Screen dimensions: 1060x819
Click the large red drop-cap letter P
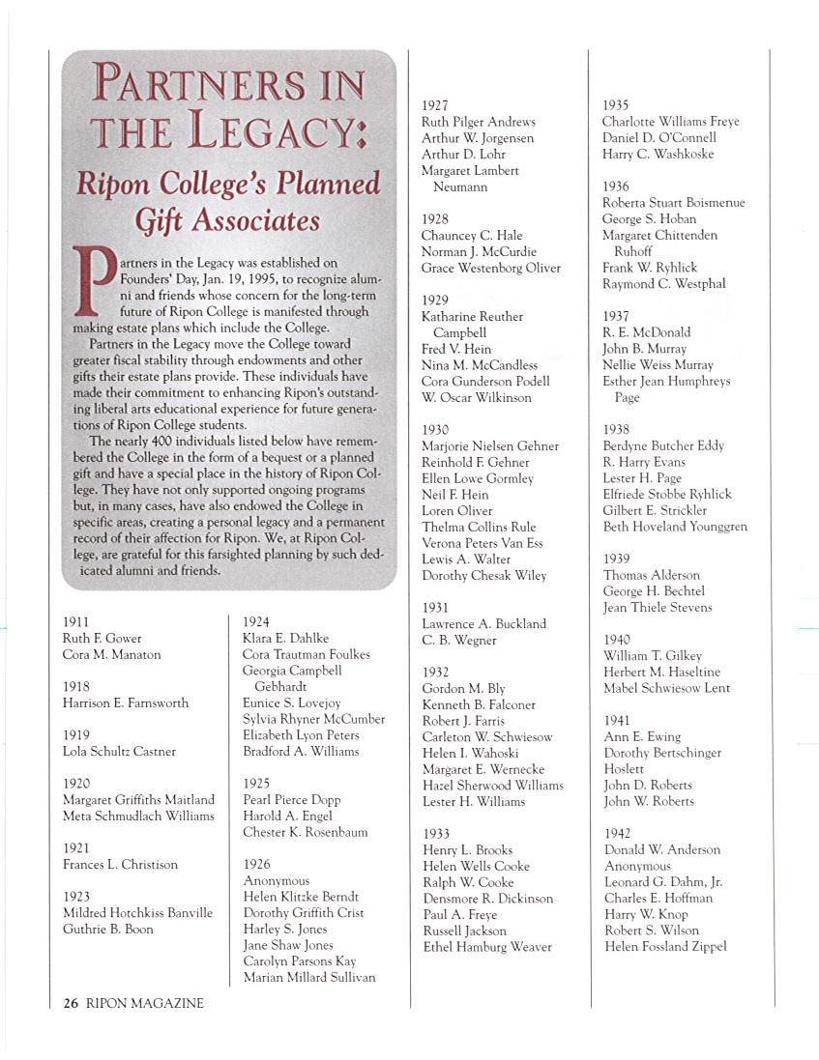tap(89, 280)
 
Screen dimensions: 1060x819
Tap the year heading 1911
tap(75, 622)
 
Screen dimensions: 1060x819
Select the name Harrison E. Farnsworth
tap(125, 702)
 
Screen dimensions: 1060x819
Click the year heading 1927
tap(435, 105)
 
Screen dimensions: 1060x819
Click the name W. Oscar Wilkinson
tap(476, 397)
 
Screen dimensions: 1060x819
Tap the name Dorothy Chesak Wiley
tap(483, 575)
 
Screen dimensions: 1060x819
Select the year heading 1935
tap(616, 105)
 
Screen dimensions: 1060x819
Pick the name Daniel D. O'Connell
tap(659, 138)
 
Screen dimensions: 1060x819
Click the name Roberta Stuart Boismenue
tap(674, 203)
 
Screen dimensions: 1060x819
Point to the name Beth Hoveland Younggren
tap(675, 527)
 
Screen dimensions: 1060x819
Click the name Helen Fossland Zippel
tap(665, 946)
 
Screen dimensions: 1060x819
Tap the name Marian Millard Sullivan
tap(308, 977)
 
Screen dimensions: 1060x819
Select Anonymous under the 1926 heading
tap(277, 880)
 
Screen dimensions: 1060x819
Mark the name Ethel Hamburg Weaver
tap(487, 947)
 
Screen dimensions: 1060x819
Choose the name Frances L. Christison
tap(120, 864)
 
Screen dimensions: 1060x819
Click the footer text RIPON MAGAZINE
tap(145, 1003)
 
